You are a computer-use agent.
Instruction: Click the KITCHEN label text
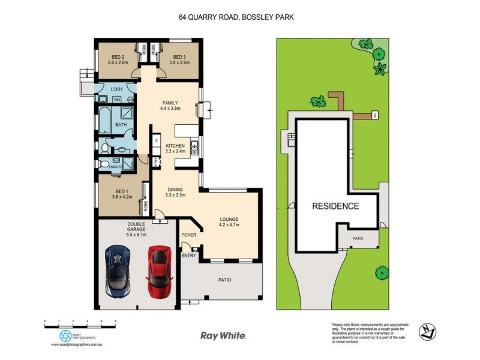click(175, 146)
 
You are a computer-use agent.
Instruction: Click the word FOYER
click(189, 235)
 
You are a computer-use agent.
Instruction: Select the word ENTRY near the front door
click(189, 256)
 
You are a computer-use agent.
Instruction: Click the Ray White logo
click(223, 335)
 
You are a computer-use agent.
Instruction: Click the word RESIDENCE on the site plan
click(335, 206)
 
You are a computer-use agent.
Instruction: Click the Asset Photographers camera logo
click(65, 336)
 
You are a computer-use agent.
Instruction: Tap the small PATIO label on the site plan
click(358, 238)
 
